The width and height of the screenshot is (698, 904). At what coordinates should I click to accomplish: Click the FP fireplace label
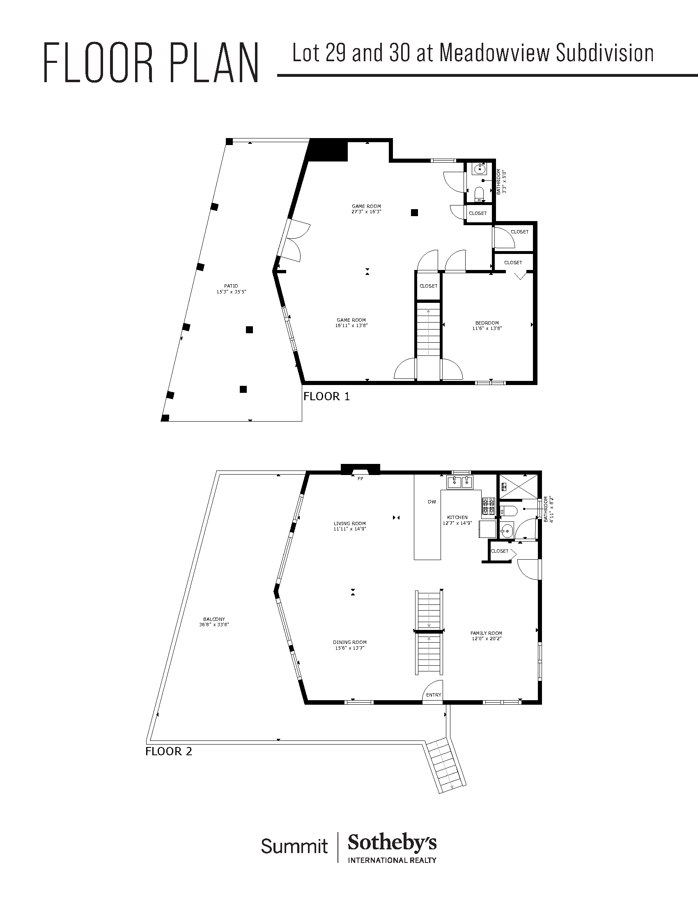pyautogui.click(x=360, y=479)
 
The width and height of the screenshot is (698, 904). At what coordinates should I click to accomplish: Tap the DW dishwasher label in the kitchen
pyautogui.click(x=432, y=502)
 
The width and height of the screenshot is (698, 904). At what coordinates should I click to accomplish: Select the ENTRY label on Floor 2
pyautogui.click(x=434, y=695)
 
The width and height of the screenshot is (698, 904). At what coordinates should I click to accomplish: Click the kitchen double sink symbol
pyautogui.click(x=460, y=482)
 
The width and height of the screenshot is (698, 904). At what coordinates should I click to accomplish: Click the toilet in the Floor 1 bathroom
pyautogui.click(x=480, y=194)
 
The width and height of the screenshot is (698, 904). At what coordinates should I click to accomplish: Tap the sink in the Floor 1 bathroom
pyautogui.click(x=480, y=168)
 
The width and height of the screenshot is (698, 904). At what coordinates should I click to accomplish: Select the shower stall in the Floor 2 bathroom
pyautogui.click(x=519, y=487)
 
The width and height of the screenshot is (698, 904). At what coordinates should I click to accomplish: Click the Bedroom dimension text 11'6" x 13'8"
pyautogui.click(x=487, y=328)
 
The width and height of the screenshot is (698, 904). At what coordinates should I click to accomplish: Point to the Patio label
pyautogui.click(x=231, y=286)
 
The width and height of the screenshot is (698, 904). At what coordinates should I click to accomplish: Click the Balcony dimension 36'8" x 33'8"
pyautogui.click(x=214, y=625)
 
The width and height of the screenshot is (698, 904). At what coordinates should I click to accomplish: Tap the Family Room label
pyautogui.click(x=486, y=633)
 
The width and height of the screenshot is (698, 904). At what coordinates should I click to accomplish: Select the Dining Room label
pyautogui.click(x=350, y=642)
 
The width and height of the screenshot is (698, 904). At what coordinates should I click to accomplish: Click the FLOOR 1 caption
pyautogui.click(x=327, y=397)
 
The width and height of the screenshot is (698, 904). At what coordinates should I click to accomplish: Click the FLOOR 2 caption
pyautogui.click(x=169, y=751)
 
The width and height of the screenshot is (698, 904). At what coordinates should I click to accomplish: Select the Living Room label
pyautogui.click(x=350, y=523)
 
